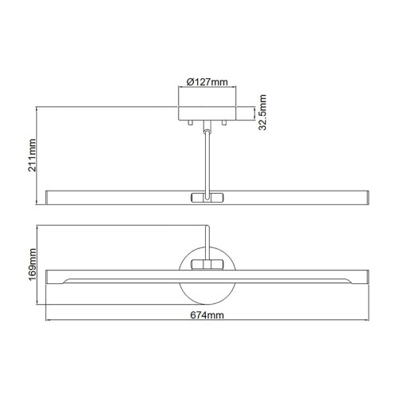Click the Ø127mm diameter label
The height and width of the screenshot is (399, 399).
click(x=205, y=82)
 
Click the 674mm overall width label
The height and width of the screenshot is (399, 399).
click(x=206, y=317)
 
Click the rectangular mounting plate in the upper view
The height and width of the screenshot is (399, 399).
click(x=207, y=111)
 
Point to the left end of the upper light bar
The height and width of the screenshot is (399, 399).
click(x=52, y=197)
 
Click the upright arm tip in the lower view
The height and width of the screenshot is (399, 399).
click(x=208, y=231)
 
